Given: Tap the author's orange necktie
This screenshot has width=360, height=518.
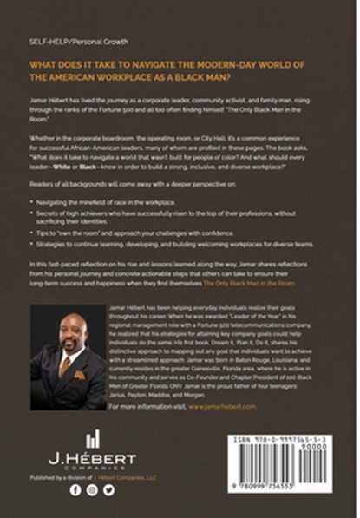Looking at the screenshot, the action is [x=64, y=364].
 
